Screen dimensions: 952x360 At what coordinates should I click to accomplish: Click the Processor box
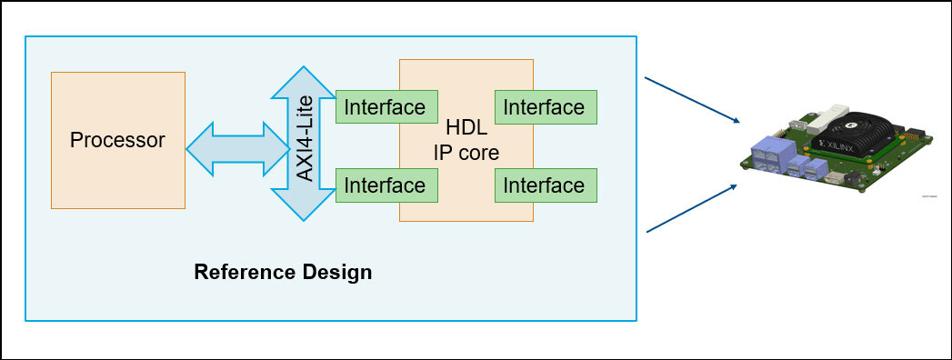[x=118, y=140]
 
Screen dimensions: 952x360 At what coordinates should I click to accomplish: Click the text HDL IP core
[x=466, y=140]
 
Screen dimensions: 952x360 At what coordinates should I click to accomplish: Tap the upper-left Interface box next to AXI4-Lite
[x=386, y=107]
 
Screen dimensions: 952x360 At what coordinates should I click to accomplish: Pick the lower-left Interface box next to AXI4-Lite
[x=386, y=185]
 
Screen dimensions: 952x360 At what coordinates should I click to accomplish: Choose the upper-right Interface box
[x=546, y=107]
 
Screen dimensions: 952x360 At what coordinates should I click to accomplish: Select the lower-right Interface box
[x=546, y=185]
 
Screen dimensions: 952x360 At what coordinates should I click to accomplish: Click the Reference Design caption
[x=283, y=272]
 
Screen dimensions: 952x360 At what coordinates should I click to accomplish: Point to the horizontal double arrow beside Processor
[x=238, y=149]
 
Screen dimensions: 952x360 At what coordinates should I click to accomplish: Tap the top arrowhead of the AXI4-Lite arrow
[x=304, y=82]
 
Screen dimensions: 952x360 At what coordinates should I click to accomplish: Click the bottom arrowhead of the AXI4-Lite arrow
[x=304, y=205]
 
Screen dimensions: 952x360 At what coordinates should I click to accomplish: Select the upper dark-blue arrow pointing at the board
[x=692, y=100]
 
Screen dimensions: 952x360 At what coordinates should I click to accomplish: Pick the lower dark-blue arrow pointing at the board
[x=692, y=207]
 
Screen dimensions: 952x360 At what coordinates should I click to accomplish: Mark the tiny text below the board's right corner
[x=929, y=196]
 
